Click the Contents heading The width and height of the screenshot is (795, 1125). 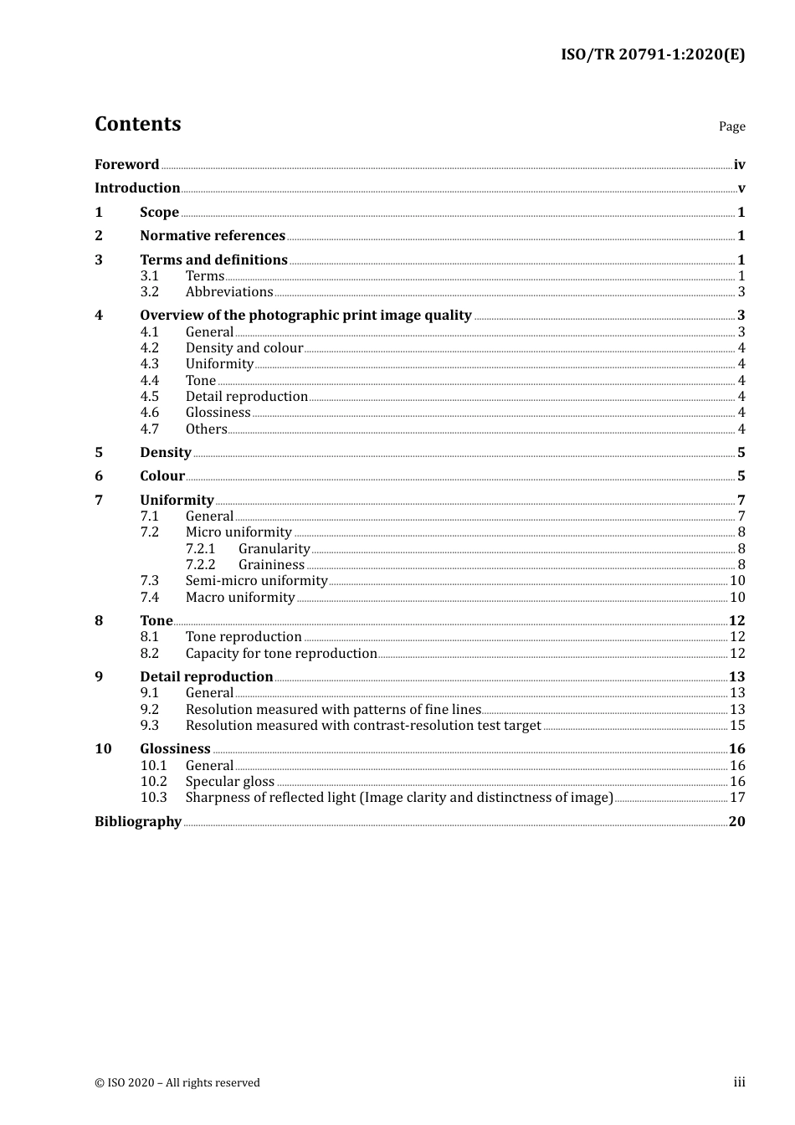(x=137, y=124)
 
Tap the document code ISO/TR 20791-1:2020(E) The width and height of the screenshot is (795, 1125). (x=652, y=55)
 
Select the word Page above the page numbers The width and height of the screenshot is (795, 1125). (x=731, y=126)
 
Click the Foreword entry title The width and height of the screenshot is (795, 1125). (x=126, y=165)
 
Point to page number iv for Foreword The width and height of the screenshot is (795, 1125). (x=739, y=165)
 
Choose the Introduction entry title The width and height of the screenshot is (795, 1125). (x=137, y=188)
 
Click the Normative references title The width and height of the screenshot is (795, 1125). (x=213, y=236)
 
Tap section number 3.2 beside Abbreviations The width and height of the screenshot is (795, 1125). (x=149, y=292)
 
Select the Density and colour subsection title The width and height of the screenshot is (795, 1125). (x=244, y=348)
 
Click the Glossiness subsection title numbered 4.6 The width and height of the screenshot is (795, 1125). (x=218, y=413)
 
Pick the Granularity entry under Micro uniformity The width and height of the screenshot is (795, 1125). (x=274, y=549)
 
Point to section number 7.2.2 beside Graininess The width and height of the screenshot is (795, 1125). (x=200, y=565)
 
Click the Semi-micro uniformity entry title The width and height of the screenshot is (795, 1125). (x=256, y=581)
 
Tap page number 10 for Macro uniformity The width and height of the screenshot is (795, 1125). (x=737, y=598)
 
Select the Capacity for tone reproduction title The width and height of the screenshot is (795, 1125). (x=281, y=654)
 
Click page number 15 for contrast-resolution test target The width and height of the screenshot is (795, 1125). (x=737, y=726)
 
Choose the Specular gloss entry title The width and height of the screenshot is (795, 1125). (x=229, y=782)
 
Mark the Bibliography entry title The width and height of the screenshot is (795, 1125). (x=138, y=822)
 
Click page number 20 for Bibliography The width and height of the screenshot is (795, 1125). (x=736, y=822)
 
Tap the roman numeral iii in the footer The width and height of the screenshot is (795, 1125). (x=739, y=1082)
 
